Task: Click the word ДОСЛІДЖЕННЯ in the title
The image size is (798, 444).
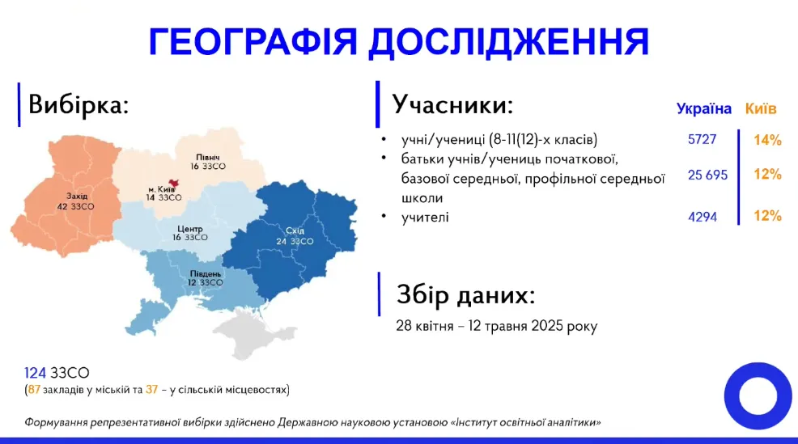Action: pos(508,41)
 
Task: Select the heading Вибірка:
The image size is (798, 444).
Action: pos(79,104)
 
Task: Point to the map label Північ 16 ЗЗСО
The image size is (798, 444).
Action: pos(208,161)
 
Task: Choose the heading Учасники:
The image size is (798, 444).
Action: pos(452,104)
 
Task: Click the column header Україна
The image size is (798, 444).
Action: pos(704,108)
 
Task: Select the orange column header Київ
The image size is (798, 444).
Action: pos(761,108)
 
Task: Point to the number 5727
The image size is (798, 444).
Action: pos(702,139)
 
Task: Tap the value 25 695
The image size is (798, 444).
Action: pos(707,175)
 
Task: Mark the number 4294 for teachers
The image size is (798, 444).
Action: pos(702,217)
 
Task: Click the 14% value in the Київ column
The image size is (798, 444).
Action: pos(766,140)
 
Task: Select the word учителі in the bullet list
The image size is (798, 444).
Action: pos(425,217)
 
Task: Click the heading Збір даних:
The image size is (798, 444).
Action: pos(465,295)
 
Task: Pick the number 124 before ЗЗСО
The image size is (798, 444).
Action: pos(35,373)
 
